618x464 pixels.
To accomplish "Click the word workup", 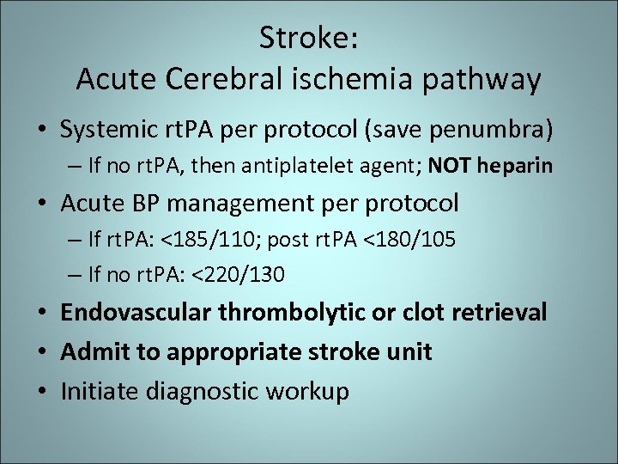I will [307, 392].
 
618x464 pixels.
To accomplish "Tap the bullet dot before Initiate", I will [41, 392].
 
